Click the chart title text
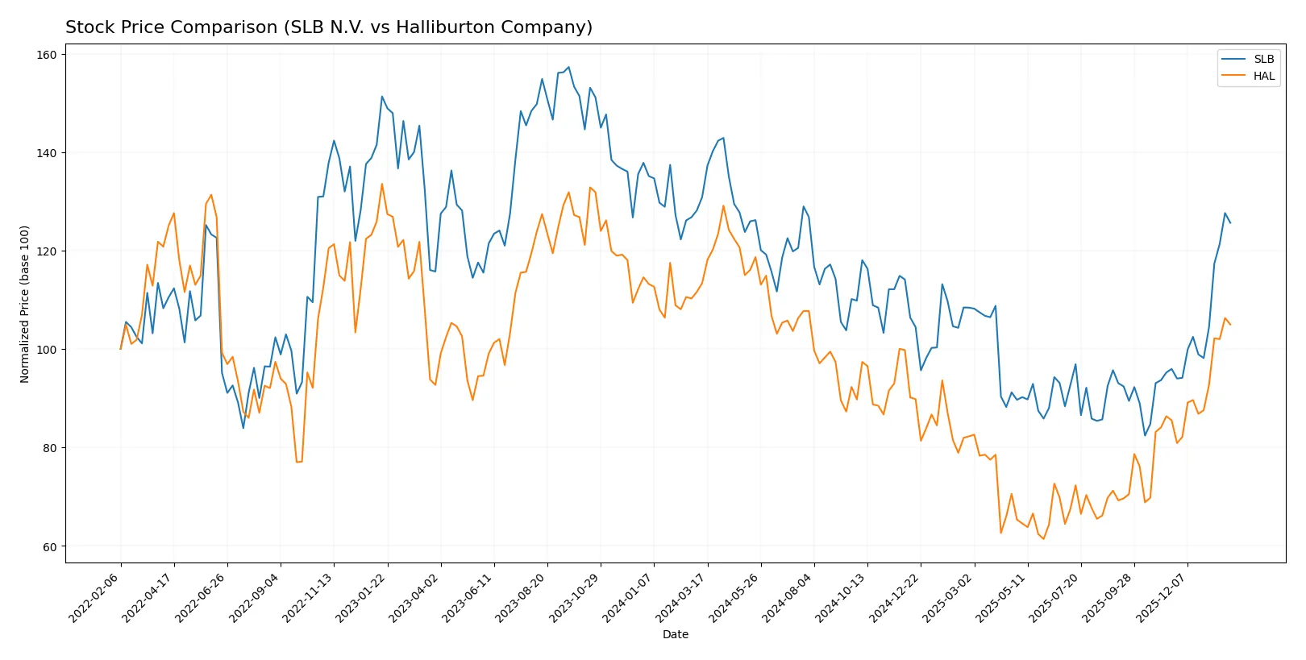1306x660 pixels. (x=328, y=27)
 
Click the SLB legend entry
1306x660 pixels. (x=1263, y=59)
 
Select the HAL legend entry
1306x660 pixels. (x=1263, y=76)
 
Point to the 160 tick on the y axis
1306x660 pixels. (x=47, y=55)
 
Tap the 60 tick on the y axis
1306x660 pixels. (x=50, y=546)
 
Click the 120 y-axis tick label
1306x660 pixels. (x=47, y=251)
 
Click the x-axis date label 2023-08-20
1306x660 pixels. (x=522, y=598)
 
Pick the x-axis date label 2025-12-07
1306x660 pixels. (x=1162, y=598)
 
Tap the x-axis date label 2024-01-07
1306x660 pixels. (x=628, y=598)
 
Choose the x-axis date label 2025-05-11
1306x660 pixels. (x=1002, y=598)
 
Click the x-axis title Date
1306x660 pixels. (x=675, y=634)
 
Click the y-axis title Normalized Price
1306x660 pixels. (x=25, y=304)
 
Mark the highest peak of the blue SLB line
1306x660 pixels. (x=568, y=67)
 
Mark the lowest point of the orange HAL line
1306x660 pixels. (x=1044, y=538)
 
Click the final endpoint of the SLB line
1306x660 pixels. (x=1230, y=223)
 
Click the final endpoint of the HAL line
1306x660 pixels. (x=1230, y=325)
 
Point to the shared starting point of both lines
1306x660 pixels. (x=121, y=349)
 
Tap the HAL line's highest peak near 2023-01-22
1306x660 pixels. (x=382, y=184)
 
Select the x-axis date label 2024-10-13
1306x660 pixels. (x=842, y=598)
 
